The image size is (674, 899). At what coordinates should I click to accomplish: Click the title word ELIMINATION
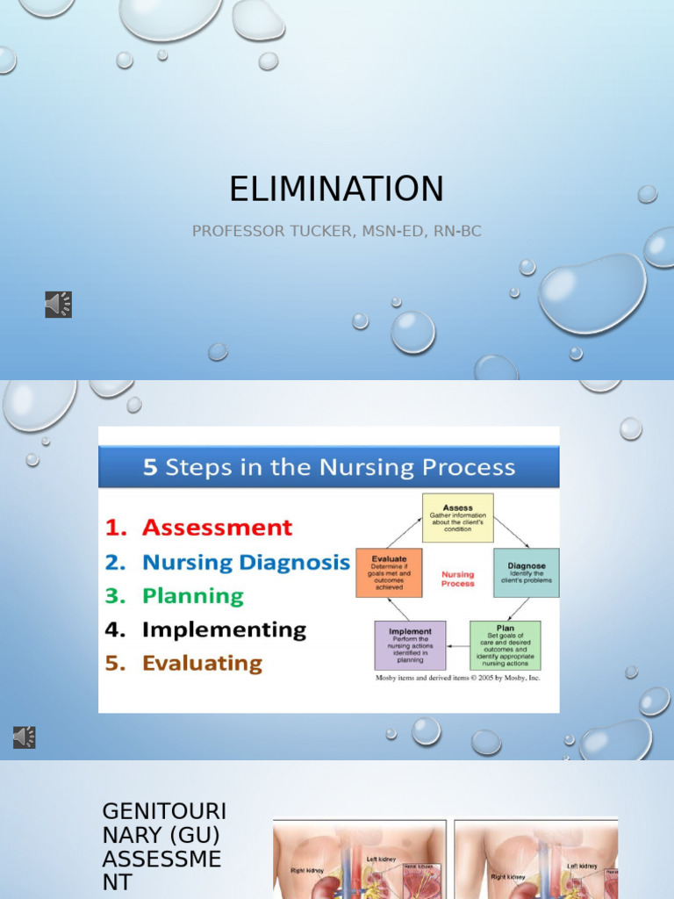tap(336, 189)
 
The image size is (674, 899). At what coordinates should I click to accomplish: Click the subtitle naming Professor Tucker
tap(336, 231)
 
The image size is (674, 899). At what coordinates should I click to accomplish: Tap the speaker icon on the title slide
tap(58, 305)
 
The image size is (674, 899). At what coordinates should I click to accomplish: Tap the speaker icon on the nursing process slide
tap(25, 737)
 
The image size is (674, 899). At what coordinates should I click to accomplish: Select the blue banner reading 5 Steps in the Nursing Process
tap(328, 466)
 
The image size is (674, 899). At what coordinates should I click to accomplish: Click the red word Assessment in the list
tap(217, 528)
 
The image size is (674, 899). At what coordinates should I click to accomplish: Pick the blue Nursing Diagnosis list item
tap(246, 562)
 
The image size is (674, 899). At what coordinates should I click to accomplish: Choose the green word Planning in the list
tap(192, 595)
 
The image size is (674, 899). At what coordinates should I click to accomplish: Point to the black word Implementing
tap(224, 629)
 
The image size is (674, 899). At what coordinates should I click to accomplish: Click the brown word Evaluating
tap(202, 663)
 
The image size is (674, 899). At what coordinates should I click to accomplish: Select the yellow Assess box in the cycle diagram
tap(457, 518)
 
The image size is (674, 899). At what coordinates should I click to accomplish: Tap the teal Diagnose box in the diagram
tap(526, 572)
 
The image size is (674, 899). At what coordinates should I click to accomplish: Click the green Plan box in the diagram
tap(505, 645)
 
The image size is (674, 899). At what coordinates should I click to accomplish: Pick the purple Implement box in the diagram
tap(410, 645)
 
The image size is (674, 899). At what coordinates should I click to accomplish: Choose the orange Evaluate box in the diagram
tap(389, 572)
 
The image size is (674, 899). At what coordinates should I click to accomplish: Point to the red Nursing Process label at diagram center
tap(457, 579)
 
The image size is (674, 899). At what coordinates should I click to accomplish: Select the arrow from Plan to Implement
tap(457, 646)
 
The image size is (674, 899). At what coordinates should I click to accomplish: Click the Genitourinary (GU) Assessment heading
tap(163, 845)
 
